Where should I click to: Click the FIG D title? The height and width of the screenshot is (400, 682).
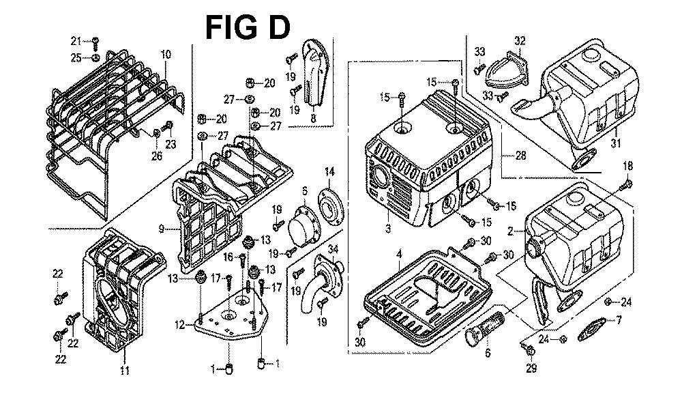[248, 28]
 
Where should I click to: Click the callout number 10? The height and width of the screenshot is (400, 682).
[166, 55]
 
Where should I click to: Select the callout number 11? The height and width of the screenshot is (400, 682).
[125, 371]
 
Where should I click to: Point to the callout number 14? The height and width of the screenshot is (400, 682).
[329, 171]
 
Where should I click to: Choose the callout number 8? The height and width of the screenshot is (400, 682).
[313, 117]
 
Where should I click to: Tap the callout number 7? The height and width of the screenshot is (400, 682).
[619, 319]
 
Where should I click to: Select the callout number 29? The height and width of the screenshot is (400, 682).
[531, 369]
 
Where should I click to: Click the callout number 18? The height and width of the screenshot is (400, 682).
[628, 166]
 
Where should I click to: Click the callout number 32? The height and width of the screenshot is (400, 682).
[520, 41]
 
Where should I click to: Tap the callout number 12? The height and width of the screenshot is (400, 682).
[179, 325]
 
